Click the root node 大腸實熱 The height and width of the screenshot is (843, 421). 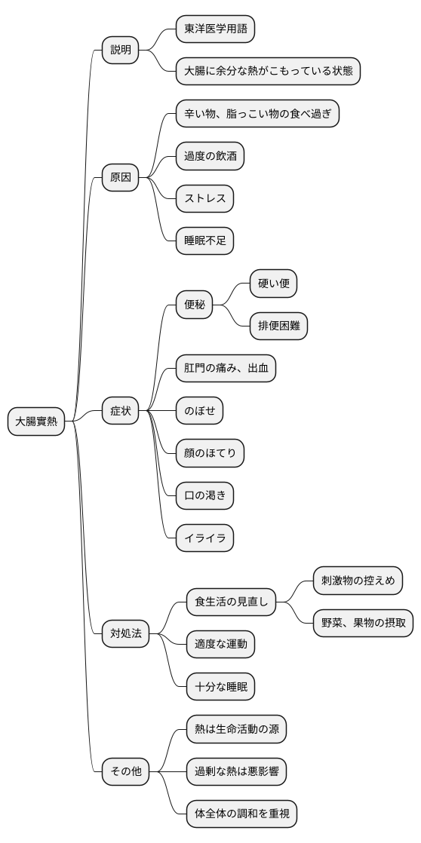click(36, 421)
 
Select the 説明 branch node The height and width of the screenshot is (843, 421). click(121, 51)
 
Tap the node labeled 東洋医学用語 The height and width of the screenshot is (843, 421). click(215, 29)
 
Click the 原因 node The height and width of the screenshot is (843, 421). click(121, 179)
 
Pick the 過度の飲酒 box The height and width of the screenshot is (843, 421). click(210, 157)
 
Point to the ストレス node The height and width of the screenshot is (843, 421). click(204, 199)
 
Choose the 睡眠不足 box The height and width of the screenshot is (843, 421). click(204, 241)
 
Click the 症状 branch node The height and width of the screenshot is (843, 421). click(121, 411)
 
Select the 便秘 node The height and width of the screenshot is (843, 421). click(194, 305)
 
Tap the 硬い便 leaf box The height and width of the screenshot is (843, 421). click(273, 284)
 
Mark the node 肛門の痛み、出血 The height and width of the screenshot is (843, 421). click(226, 369)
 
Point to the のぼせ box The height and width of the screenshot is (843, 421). click(199, 411)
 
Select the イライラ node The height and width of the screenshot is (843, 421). click(204, 538)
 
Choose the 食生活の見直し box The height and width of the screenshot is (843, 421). click(231, 602)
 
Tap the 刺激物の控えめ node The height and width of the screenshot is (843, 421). click(358, 581)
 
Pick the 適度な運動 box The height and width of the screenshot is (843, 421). click(220, 644)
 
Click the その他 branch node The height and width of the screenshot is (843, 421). click(126, 771)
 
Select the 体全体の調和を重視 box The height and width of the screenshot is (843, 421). click(241, 814)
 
